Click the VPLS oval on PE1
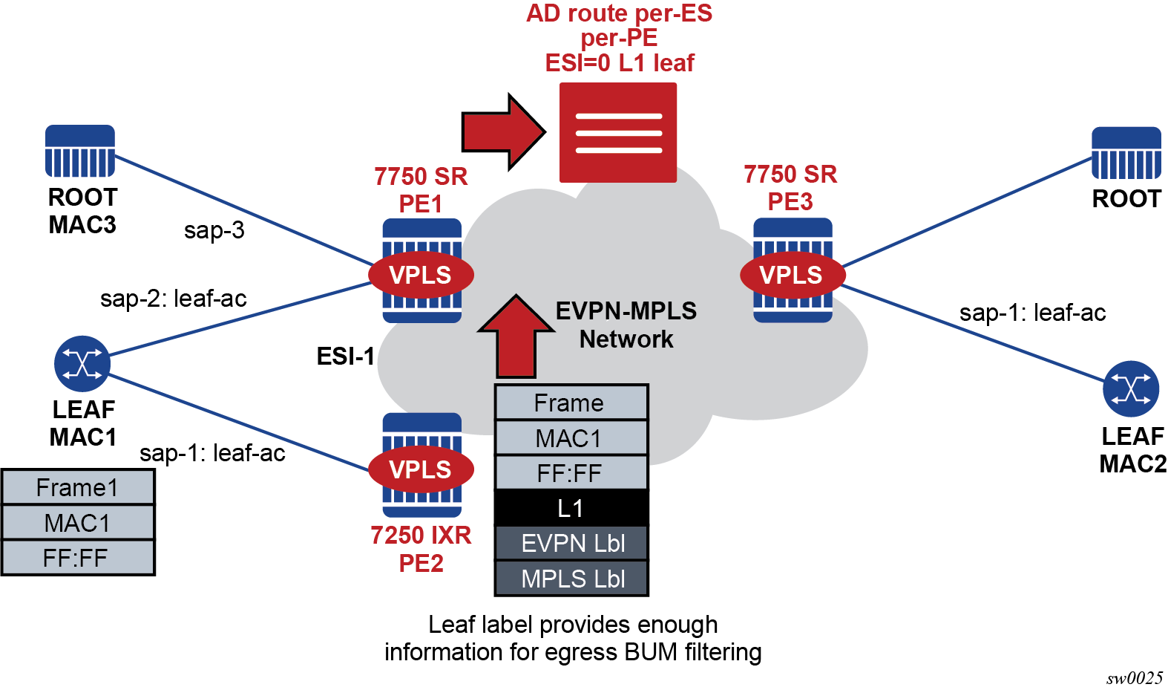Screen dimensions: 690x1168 coord(421,275)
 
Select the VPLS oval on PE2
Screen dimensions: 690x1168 coord(421,469)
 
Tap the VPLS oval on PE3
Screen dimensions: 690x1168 coord(792,275)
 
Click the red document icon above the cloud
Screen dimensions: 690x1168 coord(618,132)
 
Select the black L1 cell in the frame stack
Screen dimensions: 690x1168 coord(571,508)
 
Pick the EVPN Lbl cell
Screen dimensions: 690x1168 coord(571,543)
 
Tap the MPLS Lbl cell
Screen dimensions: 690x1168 coord(571,578)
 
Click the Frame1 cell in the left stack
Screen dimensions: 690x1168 coord(78,487)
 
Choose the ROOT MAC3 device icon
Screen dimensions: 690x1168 coord(80,151)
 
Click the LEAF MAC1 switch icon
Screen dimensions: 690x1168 coord(82,364)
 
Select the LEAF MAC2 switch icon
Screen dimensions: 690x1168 coord(1131,388)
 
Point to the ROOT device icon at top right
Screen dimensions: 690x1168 coord(1126,153)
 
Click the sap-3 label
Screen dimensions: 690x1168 coord(214,230)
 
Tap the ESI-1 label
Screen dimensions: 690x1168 coord(345,357)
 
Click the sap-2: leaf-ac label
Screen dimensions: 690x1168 coord(174,299)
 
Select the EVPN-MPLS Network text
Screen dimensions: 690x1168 coord(626,325)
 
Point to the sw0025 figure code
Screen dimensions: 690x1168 coord(1135,677)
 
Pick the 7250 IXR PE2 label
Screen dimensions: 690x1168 coord(421,549)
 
